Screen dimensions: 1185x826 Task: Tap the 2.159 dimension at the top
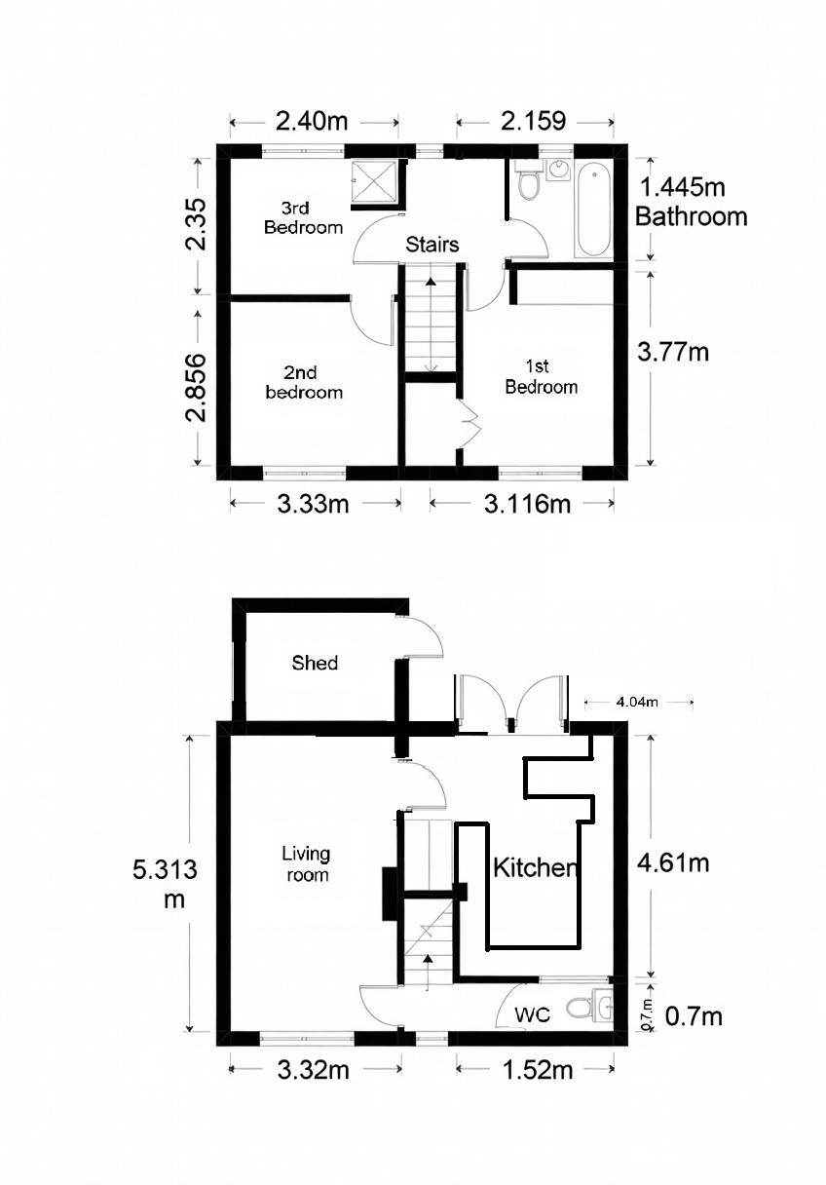click(534, 122)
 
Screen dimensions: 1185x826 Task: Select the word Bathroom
click(691, 215)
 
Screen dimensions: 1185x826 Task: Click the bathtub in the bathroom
click(592, 210)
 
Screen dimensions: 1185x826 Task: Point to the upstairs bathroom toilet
click(529, 180)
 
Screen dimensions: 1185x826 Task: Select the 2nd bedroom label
click(313, 382)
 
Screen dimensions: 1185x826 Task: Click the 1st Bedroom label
click(541, 376)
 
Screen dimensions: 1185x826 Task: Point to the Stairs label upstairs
click(432, 245)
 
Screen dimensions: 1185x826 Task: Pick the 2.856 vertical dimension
click(198, 387)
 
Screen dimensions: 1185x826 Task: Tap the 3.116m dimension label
click(522, 504)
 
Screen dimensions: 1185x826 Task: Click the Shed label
click(315, 663)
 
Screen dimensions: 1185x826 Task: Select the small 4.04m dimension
click(638, 701)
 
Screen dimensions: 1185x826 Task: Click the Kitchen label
click(536, 867)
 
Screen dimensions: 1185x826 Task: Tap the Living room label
click(306, 863)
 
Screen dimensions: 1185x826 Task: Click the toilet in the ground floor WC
click(586, 1006)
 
